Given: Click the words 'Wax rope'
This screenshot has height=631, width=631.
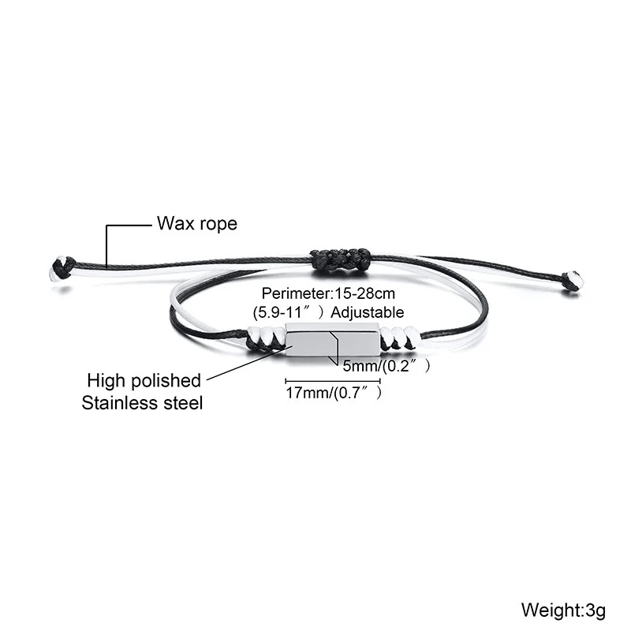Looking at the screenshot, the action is tap(196, 224).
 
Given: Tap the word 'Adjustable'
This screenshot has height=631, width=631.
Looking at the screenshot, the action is tap(368, 312).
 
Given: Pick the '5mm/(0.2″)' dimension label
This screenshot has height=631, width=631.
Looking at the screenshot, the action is tap(385, 366).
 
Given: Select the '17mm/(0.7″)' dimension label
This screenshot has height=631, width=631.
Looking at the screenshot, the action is tap(334, 393).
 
